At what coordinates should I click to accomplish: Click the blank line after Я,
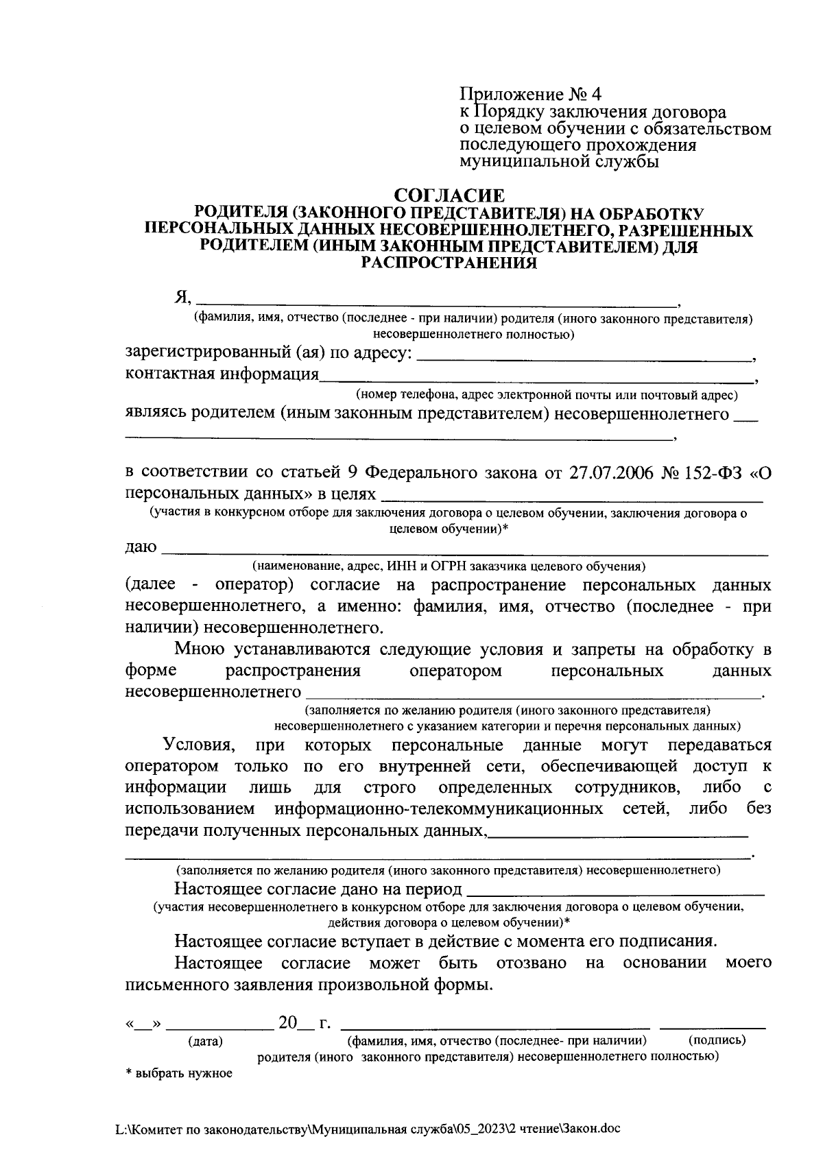(439, 300)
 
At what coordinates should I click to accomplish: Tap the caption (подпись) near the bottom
(716, 1040)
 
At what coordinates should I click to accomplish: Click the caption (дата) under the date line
(206, 1042)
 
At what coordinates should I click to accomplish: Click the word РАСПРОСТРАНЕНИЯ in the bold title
(449, 263)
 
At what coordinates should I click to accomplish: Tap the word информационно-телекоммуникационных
(439, 809)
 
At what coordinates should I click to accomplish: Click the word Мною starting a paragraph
(198, 649)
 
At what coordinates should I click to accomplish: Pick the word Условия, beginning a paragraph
(200, 745)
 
